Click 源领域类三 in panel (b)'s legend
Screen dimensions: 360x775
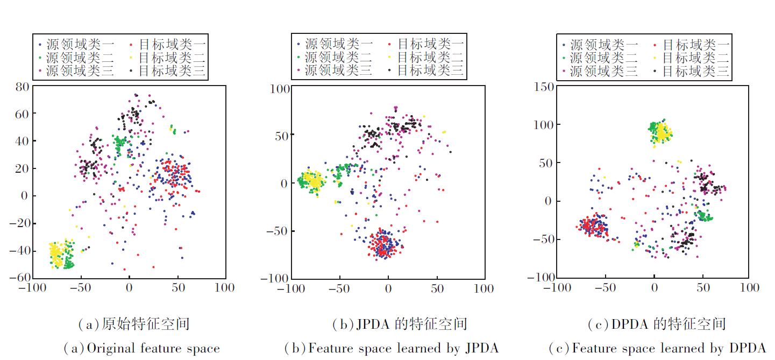[x=338, y=69]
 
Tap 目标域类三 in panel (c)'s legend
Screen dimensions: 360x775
[x=695, y=70]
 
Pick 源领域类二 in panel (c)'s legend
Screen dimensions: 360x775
[x=604, y=58]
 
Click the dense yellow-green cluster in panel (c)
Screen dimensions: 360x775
[x=659, y=131]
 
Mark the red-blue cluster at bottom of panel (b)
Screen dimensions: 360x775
[x=382, y=245]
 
